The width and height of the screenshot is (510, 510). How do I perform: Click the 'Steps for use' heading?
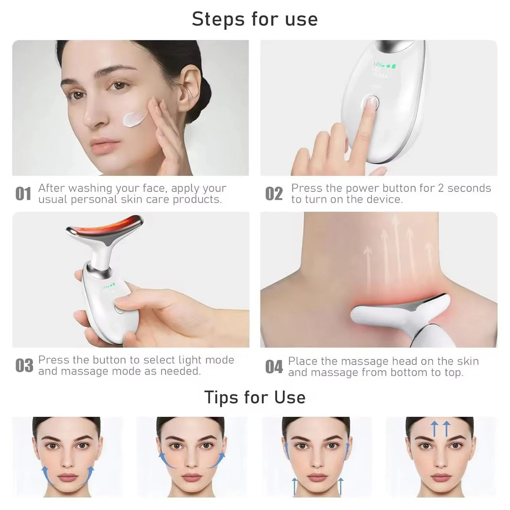[x=255, y=19]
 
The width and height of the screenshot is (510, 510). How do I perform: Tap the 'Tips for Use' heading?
[x=255, y=397]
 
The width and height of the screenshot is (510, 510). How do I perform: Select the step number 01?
[x=23, y=194]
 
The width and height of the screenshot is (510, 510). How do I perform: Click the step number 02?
[x=274, y=194]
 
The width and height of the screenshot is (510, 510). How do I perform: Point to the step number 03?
[x=24, y=366]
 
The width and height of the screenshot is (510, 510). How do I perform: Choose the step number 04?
[x=274, y=367]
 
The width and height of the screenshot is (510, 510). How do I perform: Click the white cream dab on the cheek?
[x=135, y=119]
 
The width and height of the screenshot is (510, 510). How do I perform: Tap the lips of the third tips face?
[x=316, y=478]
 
